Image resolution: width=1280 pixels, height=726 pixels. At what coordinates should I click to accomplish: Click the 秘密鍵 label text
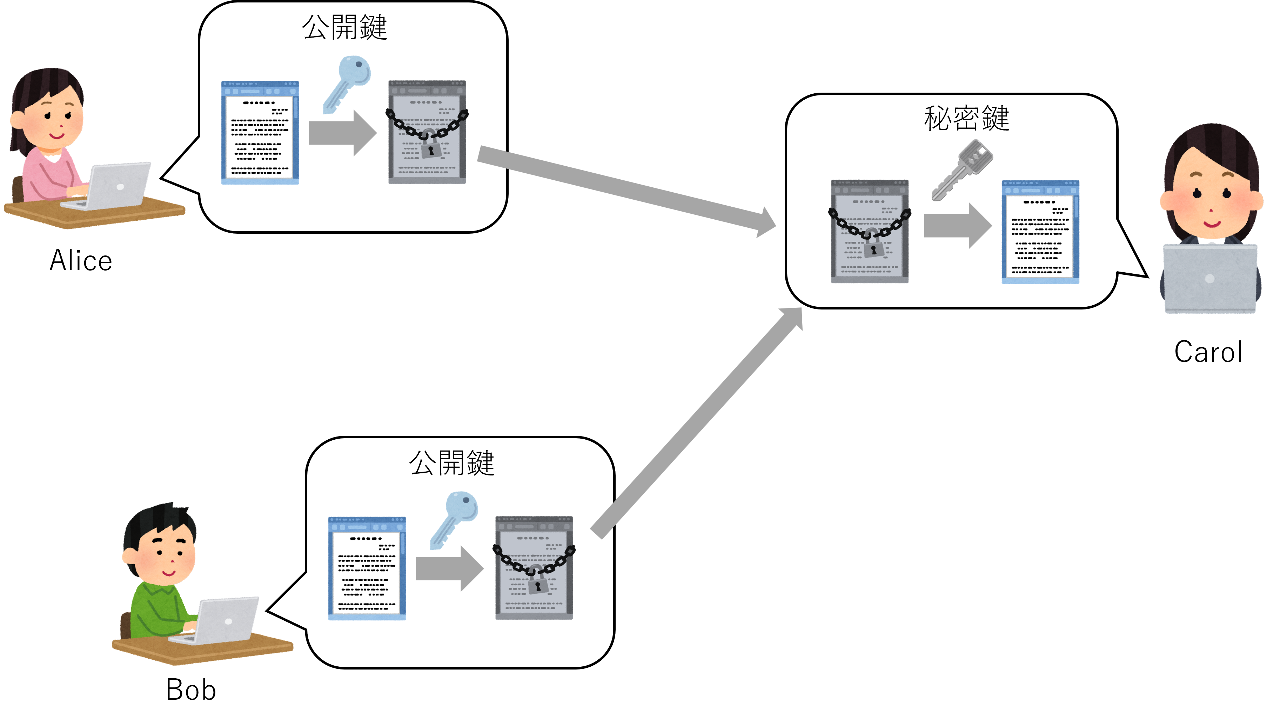pos(966,119)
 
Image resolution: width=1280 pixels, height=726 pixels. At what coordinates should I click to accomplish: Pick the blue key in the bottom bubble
pos(454,520)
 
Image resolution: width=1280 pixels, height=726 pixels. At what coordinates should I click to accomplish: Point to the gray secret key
pos(962,169)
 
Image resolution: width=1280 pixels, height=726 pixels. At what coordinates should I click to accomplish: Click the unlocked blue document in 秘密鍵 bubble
pos(1040,232)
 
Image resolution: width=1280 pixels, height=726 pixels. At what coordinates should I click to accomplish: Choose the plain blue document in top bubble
pos(260,133)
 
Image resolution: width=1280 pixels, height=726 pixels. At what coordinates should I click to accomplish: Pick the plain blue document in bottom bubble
pos(367,568)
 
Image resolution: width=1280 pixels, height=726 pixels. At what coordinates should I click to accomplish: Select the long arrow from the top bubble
pos(623,189)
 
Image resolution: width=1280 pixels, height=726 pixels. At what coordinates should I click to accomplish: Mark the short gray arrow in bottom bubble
pos(449,568)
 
